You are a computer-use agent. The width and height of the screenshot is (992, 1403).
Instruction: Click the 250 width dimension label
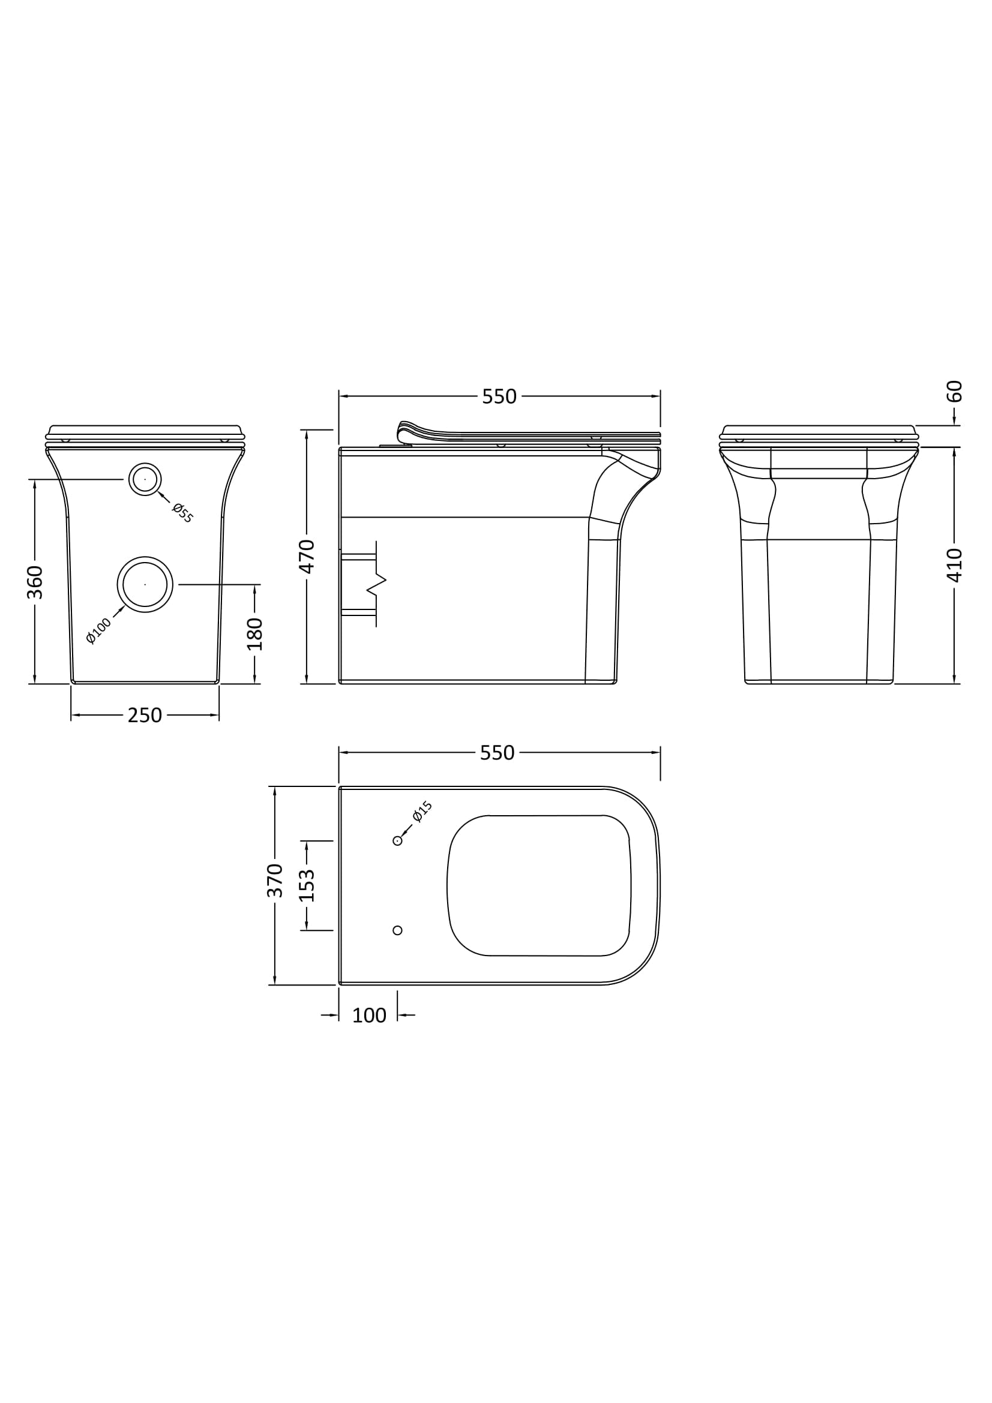(x=145, y=715)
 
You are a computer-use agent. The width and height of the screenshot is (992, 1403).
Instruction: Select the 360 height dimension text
(x=35, y=582)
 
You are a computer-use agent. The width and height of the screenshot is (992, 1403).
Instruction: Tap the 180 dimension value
(x=255, y=633)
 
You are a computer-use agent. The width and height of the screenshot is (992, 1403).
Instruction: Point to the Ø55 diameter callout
(x=182, y=512)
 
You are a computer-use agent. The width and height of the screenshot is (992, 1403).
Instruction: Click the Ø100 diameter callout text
(x=99, y=630)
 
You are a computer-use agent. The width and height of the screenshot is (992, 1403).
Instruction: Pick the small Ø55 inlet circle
(x=145, y=479)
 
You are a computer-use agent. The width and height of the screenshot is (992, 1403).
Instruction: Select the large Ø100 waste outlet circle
(x=145, y=584)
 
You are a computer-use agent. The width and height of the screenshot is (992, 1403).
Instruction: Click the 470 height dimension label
(x=306, y=556)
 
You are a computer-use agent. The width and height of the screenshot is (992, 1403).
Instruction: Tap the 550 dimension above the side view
(x=499, y=396)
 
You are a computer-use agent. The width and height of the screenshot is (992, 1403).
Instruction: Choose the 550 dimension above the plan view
(x=497, y=753)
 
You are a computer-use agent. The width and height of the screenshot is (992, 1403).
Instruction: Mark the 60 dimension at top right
(x=954, y=391)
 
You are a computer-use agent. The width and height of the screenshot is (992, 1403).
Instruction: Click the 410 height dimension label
(x=954, y=565)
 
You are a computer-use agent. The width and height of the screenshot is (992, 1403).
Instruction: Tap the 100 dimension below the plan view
(x=369, y=1016)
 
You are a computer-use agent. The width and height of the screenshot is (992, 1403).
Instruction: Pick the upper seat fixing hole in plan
(x=397, y=841)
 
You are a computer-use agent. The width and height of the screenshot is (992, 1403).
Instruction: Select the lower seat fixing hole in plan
(x=397, y=930)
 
